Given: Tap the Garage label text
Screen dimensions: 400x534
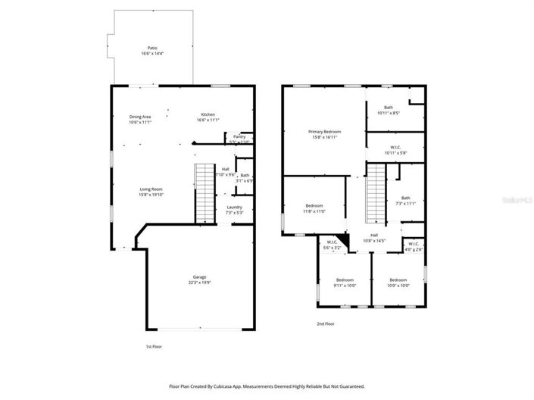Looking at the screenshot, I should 198,277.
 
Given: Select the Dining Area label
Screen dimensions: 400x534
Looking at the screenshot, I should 140,117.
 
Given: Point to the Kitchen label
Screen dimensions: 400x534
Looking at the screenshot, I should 208,114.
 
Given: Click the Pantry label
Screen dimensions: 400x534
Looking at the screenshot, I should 239,136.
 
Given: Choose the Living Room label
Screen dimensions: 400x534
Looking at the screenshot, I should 151,189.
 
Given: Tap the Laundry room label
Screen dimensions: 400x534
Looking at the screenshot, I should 234,207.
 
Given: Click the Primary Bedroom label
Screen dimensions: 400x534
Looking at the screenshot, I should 324,131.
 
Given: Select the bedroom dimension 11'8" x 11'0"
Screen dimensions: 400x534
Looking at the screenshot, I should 314,211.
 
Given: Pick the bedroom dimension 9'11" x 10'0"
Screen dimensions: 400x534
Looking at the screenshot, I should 345,286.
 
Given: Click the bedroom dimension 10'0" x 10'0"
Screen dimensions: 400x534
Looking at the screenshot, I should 398,286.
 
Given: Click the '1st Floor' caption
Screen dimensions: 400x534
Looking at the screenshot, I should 154,346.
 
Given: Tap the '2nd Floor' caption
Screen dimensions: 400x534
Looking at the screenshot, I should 325,323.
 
